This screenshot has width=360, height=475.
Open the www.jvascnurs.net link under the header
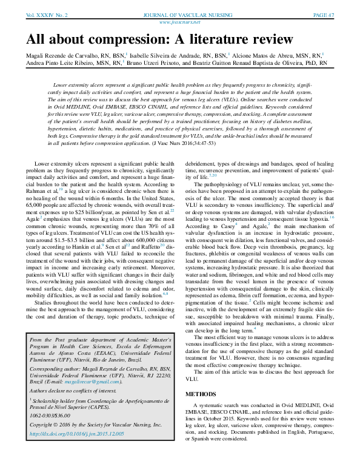(180, 21)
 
